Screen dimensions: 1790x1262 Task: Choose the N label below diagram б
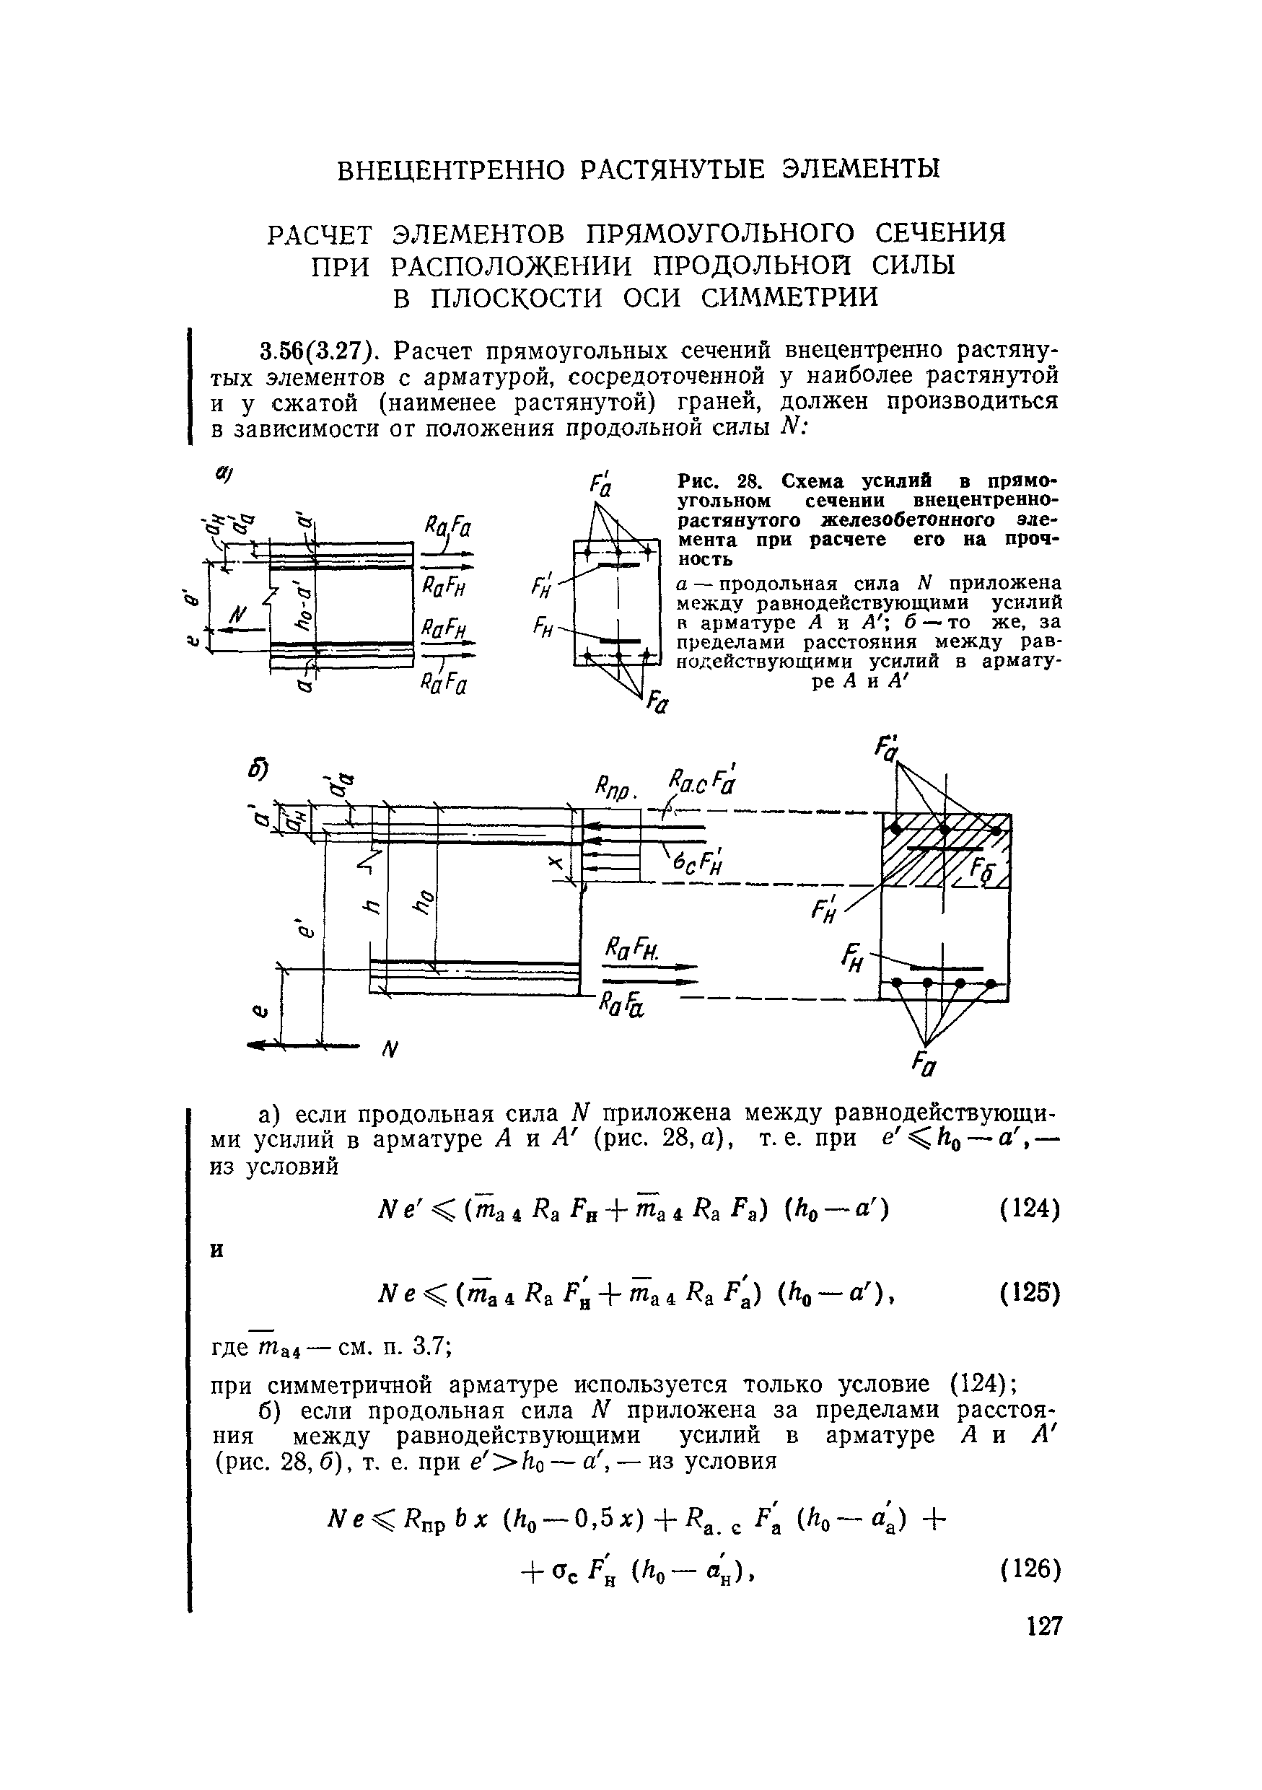(389, 1052)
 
